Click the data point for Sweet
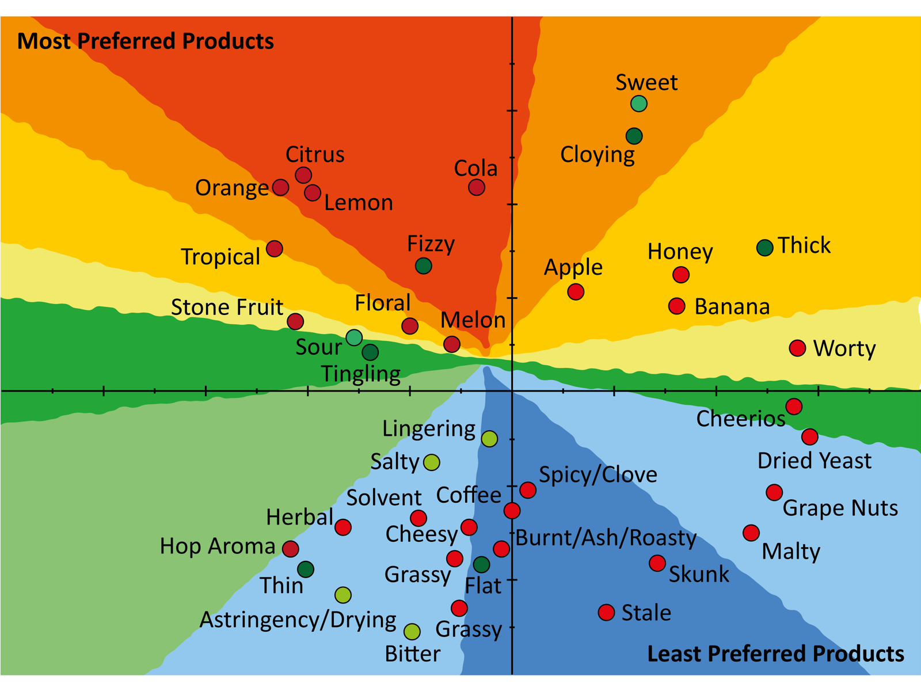[x=638, y=104]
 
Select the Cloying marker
[x=634, y=136]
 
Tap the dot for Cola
[x=476, y=187]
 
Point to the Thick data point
[x=764, y=248]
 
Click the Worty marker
[x=797, y=348]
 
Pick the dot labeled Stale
[x=606, y=612]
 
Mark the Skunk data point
[x=657, y=563]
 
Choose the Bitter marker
[x=412, y=632]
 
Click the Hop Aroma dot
[x=291, y=549]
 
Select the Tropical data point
[x=275, y=249]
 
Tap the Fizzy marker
[x=424, y=266]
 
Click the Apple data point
[x=576, y=292]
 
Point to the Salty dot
[x=432, y=462]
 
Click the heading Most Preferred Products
[x=146, y=41]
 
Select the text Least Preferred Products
[x=775, y=654]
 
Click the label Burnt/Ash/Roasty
[x=606, y=538]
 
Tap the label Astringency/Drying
[x=298, y=620]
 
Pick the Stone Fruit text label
[x=227, y=307]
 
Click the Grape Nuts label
[x=840, y=508]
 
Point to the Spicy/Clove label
[x=597, y=475]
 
